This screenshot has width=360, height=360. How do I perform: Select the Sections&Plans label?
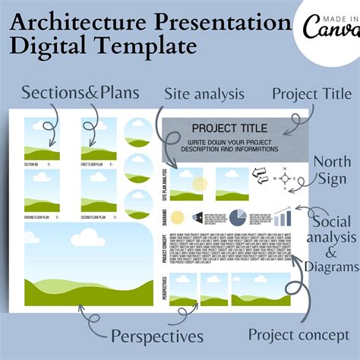tap(79, 93)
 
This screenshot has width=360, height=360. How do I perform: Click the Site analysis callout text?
tap(204, 93)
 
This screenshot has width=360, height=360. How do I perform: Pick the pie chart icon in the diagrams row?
tap(238, 217)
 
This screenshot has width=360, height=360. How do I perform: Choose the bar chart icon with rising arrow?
tap(283, 217)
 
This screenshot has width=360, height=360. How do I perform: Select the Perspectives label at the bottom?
tap(156, 335)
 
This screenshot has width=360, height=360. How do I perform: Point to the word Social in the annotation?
tap(331, 223)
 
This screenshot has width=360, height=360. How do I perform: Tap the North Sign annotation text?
tap(332, 171)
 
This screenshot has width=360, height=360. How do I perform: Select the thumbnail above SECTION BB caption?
tap(43, 137)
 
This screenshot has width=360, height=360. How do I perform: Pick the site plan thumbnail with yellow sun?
tap(187, 183)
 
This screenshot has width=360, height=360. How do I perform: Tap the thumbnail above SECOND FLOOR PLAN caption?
tap(99, 185)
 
